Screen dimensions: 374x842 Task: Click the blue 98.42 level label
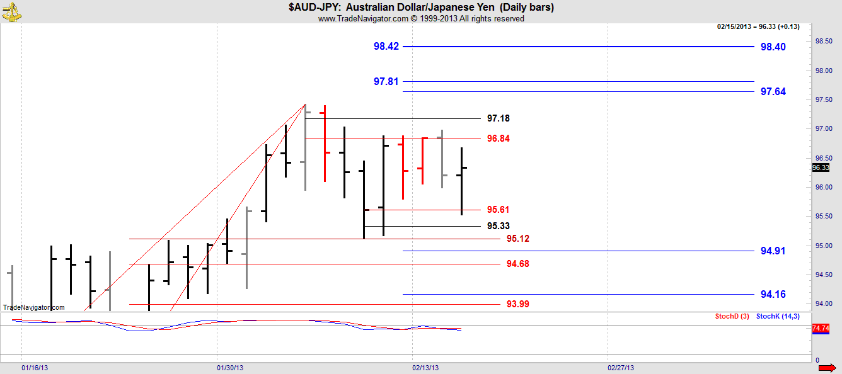click(386, 47)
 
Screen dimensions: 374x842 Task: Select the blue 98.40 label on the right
click(773, 47)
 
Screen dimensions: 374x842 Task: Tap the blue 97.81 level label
click(386, 82)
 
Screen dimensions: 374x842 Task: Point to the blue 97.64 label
click(773, 92)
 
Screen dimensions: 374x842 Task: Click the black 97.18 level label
click(499, 118)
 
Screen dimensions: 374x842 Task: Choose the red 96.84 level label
click(499, 139)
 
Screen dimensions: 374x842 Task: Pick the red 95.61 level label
click(499, 210)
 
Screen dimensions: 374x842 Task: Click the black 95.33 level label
click(499, 226)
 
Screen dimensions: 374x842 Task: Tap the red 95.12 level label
click(517, 239)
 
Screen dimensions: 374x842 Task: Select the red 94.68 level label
click(517, 264)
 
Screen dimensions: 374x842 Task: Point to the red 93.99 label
click(517, 304)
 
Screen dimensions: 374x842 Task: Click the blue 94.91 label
click(773, 251)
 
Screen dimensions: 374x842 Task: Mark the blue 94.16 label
click(773, 294)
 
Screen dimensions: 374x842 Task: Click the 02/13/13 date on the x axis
click(425, 367)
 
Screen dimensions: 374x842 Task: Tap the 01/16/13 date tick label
click(35, 367)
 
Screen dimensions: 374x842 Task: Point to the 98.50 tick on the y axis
click(824, 41)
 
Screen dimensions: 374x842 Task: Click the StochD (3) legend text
click(732, 316)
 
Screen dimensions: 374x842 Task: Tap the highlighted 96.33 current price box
click(820, 167)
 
